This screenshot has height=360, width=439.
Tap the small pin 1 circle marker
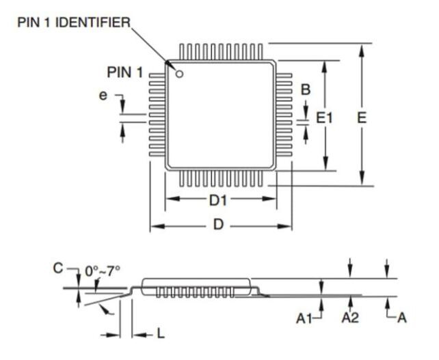179,73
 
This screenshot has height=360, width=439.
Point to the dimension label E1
323,117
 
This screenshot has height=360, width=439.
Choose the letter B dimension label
306,89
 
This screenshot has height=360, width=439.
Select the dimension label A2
351,319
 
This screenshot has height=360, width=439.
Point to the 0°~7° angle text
102,270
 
